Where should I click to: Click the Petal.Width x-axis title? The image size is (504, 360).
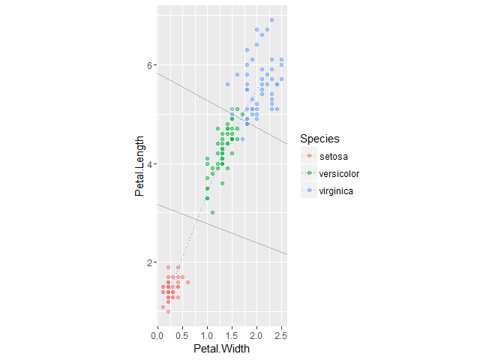221,349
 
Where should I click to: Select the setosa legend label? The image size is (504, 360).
333,157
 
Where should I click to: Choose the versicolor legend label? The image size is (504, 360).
340,174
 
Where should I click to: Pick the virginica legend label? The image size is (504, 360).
336,191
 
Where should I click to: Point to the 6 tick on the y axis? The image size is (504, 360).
149,65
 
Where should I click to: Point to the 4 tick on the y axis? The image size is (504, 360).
149,164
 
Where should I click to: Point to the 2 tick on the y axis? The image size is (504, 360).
149,262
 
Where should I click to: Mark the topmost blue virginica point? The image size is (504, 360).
272,20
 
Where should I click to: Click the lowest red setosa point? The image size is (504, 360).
167,311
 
